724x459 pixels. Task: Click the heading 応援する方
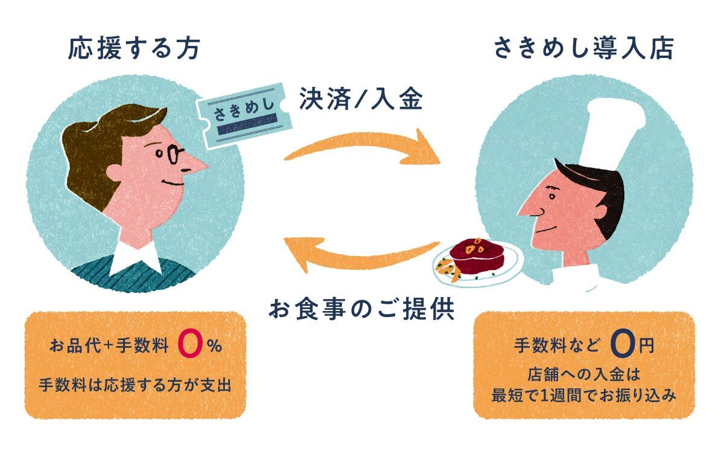click(x=134, y=49)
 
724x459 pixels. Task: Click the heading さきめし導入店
click(x=584, y=49)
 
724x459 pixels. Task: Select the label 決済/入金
click(x=361, y=98)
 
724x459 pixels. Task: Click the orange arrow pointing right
click(x=362, y=148)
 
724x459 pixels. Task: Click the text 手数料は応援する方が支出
click(x=135, y=385)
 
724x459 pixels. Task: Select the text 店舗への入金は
click(x=584, y=375)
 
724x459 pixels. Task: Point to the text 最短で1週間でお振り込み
click(x=584, y=396)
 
